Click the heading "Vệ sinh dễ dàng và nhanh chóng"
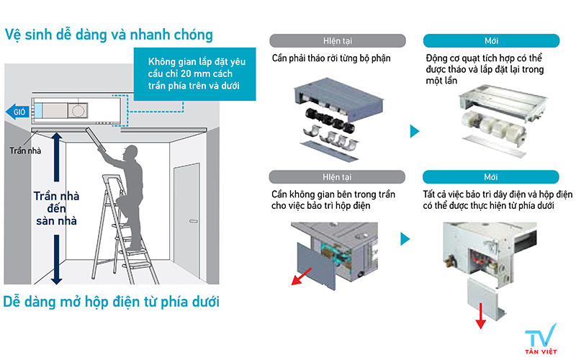(x=109, y=35)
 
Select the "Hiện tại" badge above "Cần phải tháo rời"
(x=338, y=41)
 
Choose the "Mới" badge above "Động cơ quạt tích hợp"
(x=491, y=41)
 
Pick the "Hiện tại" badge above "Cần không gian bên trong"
(x=338, y=177)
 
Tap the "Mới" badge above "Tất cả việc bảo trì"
(x=491, y=177)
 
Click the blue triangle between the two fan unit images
(x=415, y=131)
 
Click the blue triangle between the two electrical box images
(x=405, y=239)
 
